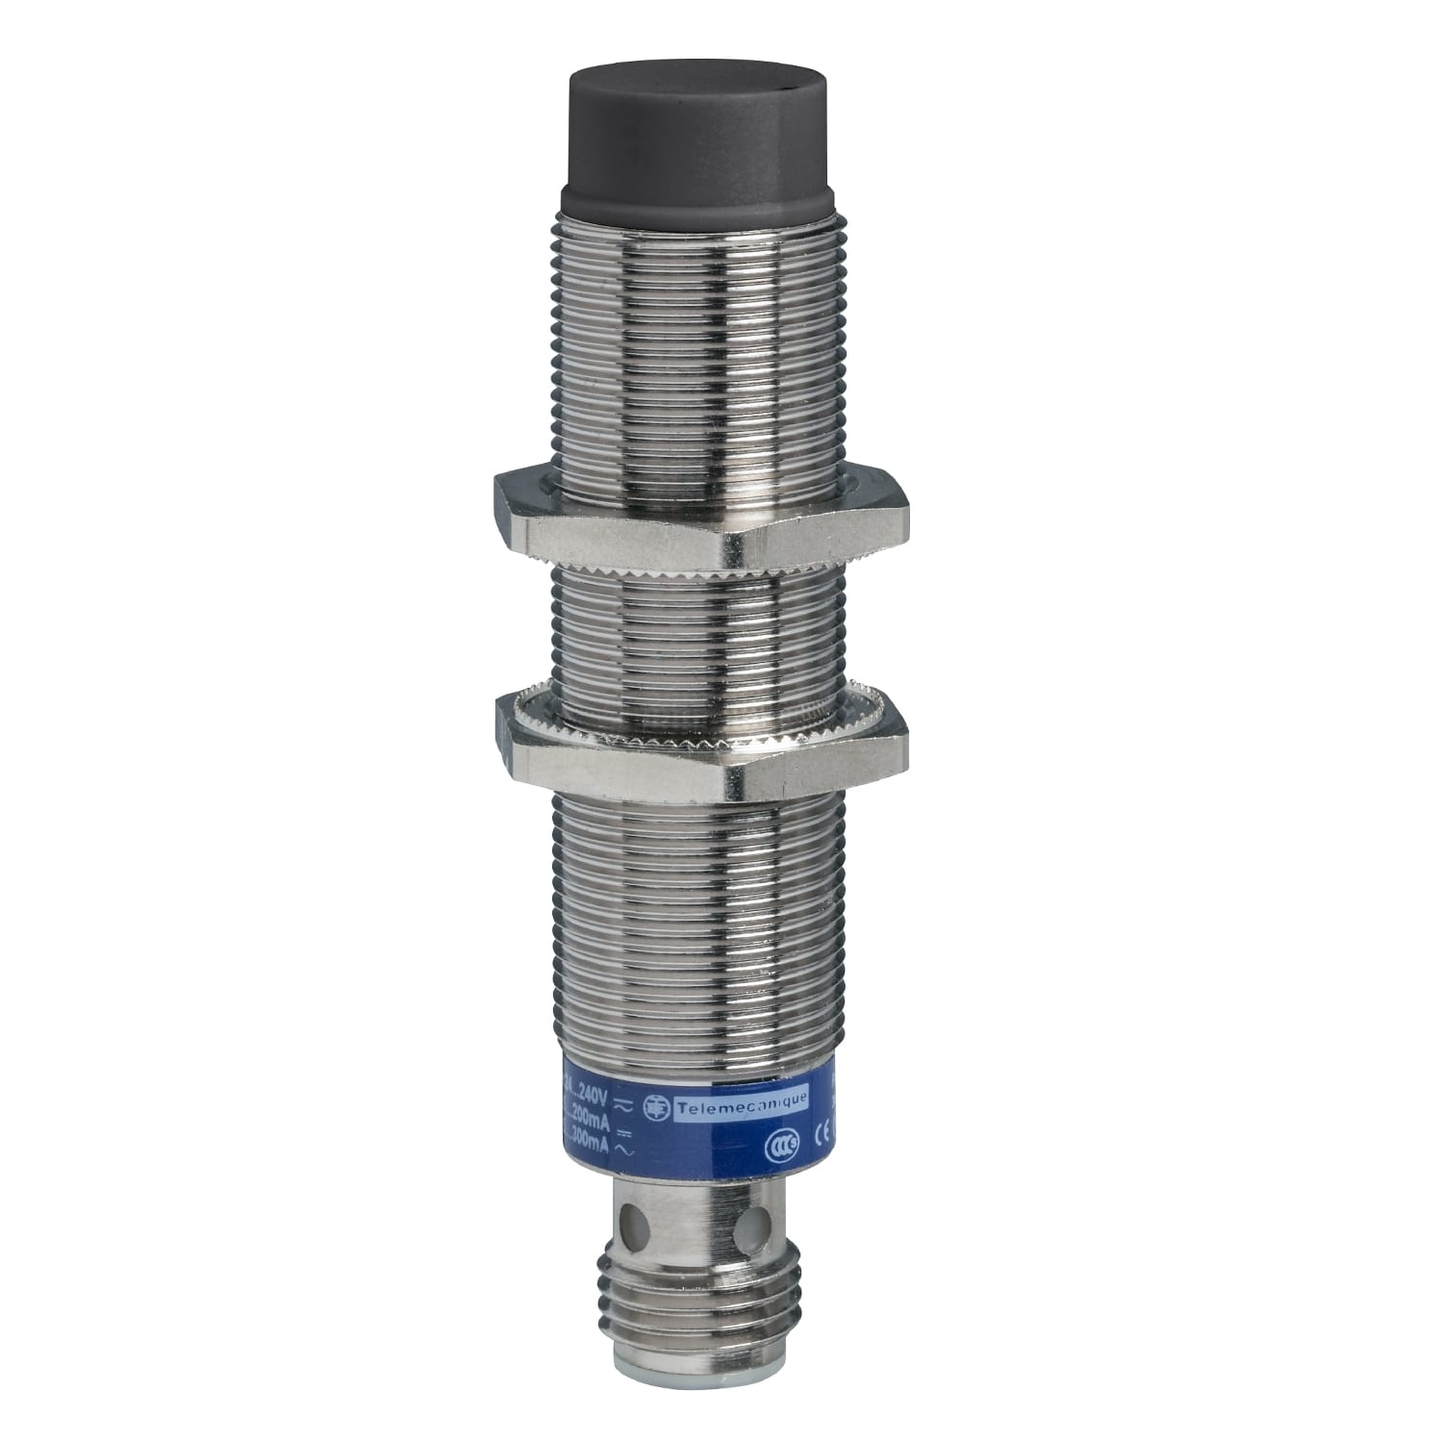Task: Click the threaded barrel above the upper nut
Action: pyautogui.click(x=699, y=337)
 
